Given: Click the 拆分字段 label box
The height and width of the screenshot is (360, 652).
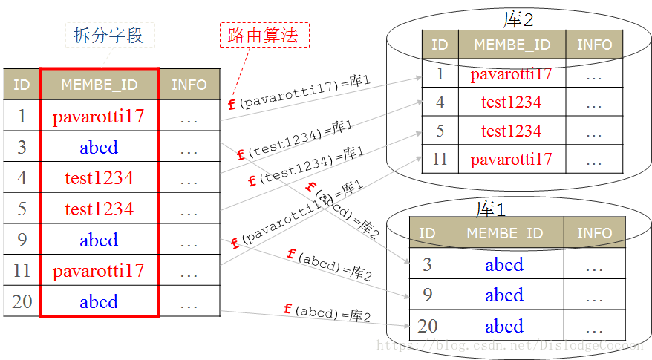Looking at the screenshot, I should (x=108, y=35).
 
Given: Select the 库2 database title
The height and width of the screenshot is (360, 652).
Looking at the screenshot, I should (x=518, y=19).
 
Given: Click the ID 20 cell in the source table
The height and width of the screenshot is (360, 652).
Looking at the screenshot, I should (x=22, y=302).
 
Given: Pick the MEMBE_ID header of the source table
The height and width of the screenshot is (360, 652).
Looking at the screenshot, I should (x=99, y=85).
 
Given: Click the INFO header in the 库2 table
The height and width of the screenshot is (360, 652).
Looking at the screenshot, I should (x=594, y=45).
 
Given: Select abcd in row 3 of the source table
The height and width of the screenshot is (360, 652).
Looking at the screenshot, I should (x=99, y=147).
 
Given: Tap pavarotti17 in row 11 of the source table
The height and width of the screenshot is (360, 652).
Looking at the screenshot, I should (x=99, y=271).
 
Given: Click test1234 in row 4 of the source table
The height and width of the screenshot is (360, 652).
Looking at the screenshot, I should (x=99, y=178).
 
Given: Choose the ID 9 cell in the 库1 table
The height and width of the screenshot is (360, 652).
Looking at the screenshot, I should (x=427, y=295).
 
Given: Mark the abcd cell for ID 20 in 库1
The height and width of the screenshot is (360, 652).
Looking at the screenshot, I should (x=504, y=327).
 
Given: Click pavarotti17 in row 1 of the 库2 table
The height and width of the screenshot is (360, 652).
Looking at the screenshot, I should (x=512, y=74).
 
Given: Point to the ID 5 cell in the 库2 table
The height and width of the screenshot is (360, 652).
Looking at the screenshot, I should (x=440, y=131).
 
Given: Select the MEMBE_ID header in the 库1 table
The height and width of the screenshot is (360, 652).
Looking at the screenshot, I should (x=504, y=233).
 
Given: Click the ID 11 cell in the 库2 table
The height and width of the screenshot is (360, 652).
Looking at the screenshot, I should (x=440, y=160).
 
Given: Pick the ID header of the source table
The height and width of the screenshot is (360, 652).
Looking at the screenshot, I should (x=22, y=85).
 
